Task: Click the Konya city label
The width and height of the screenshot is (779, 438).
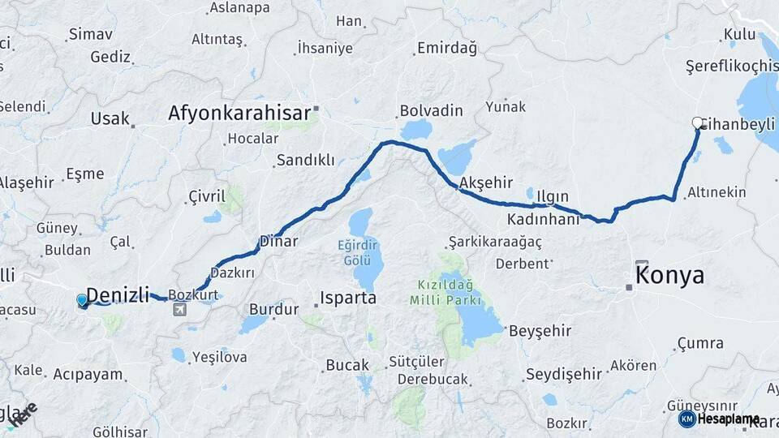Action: tap(669, 276)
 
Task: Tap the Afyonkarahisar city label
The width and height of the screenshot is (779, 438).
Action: tap(239, 113)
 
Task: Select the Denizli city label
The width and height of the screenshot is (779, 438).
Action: tap(118, 294)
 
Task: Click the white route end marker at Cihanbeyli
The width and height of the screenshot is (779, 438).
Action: tap(697, 123)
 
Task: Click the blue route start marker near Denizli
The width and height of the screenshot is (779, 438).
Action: tap(82, 301)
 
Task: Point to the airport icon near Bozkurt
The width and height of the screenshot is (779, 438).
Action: tap(179, 309)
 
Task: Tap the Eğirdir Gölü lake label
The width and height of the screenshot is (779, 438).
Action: tap(359, 252)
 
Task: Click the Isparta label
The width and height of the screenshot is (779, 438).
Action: tap(348, 298)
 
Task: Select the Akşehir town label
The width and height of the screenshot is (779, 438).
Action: tap(485, 182)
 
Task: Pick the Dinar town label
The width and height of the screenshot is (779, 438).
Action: tap(278, 241)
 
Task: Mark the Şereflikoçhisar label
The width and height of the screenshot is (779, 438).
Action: tap(731, 65)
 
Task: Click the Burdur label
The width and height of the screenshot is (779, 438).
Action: tap(268, 308)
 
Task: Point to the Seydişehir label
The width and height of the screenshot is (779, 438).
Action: tap(564, 374)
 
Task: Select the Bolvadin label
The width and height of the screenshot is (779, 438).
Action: tap(431, 110)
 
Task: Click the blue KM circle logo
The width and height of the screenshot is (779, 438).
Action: tap(687, 419)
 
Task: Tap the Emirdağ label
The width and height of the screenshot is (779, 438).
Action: tap(447, 48)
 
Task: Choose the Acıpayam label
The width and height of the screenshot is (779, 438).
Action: tap(88, 374)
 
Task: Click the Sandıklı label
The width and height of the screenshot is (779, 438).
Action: tap(305, 160)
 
